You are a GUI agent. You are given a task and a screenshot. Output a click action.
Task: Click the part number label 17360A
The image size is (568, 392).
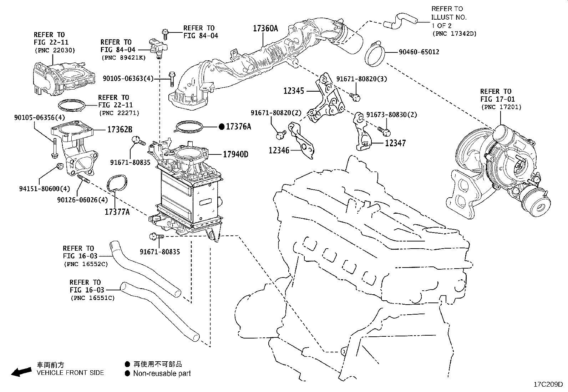[x=265, y=29]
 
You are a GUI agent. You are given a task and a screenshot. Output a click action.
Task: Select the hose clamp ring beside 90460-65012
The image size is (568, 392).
[x=376, y=55]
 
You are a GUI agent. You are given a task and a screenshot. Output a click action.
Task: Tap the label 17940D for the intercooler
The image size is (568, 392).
[x=235, y=154]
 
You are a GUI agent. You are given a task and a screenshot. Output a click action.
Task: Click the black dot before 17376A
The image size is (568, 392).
[x=221, y=126]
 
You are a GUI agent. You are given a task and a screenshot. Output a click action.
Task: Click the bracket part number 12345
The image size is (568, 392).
[x=294, y=91]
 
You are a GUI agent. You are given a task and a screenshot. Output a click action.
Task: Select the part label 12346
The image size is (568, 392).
[x=279, y=151]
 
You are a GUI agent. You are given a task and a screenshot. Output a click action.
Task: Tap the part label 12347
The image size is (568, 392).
[x=395, y=143]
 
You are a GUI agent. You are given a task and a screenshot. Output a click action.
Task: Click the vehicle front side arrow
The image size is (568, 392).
[x=21, y=372]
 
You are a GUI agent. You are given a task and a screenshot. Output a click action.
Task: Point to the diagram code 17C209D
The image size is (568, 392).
[x=548, y=385]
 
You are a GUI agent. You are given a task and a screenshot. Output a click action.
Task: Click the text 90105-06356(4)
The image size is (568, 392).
[x=40, y=117]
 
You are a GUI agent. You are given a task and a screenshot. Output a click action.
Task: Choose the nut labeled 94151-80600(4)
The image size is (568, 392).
[x=60, y=166]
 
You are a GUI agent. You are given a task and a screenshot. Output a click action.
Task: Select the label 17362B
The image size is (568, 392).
[x=120, y=129]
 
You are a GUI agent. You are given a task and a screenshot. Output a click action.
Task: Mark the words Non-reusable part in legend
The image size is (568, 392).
[x=162, y=373]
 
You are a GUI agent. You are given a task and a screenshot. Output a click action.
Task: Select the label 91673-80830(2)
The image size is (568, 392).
[x=392, y=115]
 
